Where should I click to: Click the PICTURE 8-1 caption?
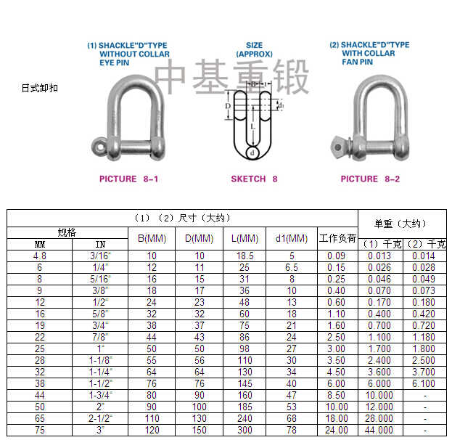(128, 179)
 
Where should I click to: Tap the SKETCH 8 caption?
(254, 179)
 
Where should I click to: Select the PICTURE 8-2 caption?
(369, 179)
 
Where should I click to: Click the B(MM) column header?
(152, 238)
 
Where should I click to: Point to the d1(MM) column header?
(292, 238)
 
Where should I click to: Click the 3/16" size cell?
(101, 256)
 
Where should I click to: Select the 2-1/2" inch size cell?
(101, 419)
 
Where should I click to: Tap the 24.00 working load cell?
(336, 430)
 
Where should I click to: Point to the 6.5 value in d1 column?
(292, 267)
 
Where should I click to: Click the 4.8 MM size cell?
(40, 256)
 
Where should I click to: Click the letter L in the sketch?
(253, 126)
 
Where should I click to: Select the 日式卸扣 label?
(39, 88)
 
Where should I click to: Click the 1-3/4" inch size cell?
(101, 396)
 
